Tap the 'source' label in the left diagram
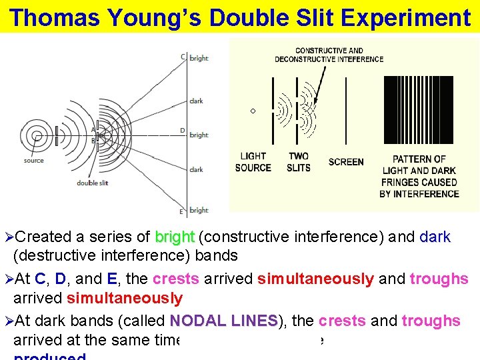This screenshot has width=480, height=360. coord(33,161)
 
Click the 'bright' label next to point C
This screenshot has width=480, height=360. coord(199,59)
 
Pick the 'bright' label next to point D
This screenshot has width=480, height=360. coord(199,135)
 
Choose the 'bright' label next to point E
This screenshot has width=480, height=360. coord(199,211)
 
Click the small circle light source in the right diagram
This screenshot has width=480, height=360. coord(253,110)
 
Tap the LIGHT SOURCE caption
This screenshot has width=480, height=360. coord(253,162)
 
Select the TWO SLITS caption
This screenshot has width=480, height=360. coord(298,162)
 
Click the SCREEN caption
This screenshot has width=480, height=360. coord(346,162)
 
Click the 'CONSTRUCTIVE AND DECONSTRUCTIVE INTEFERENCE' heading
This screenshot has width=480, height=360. coord(329,55)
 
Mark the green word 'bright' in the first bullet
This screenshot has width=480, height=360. coord(175,237)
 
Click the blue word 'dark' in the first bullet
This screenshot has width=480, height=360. coord(435,237)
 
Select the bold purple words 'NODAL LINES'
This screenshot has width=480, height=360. coord(223,321)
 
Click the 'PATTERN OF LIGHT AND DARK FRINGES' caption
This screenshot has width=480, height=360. coord(419,176)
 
